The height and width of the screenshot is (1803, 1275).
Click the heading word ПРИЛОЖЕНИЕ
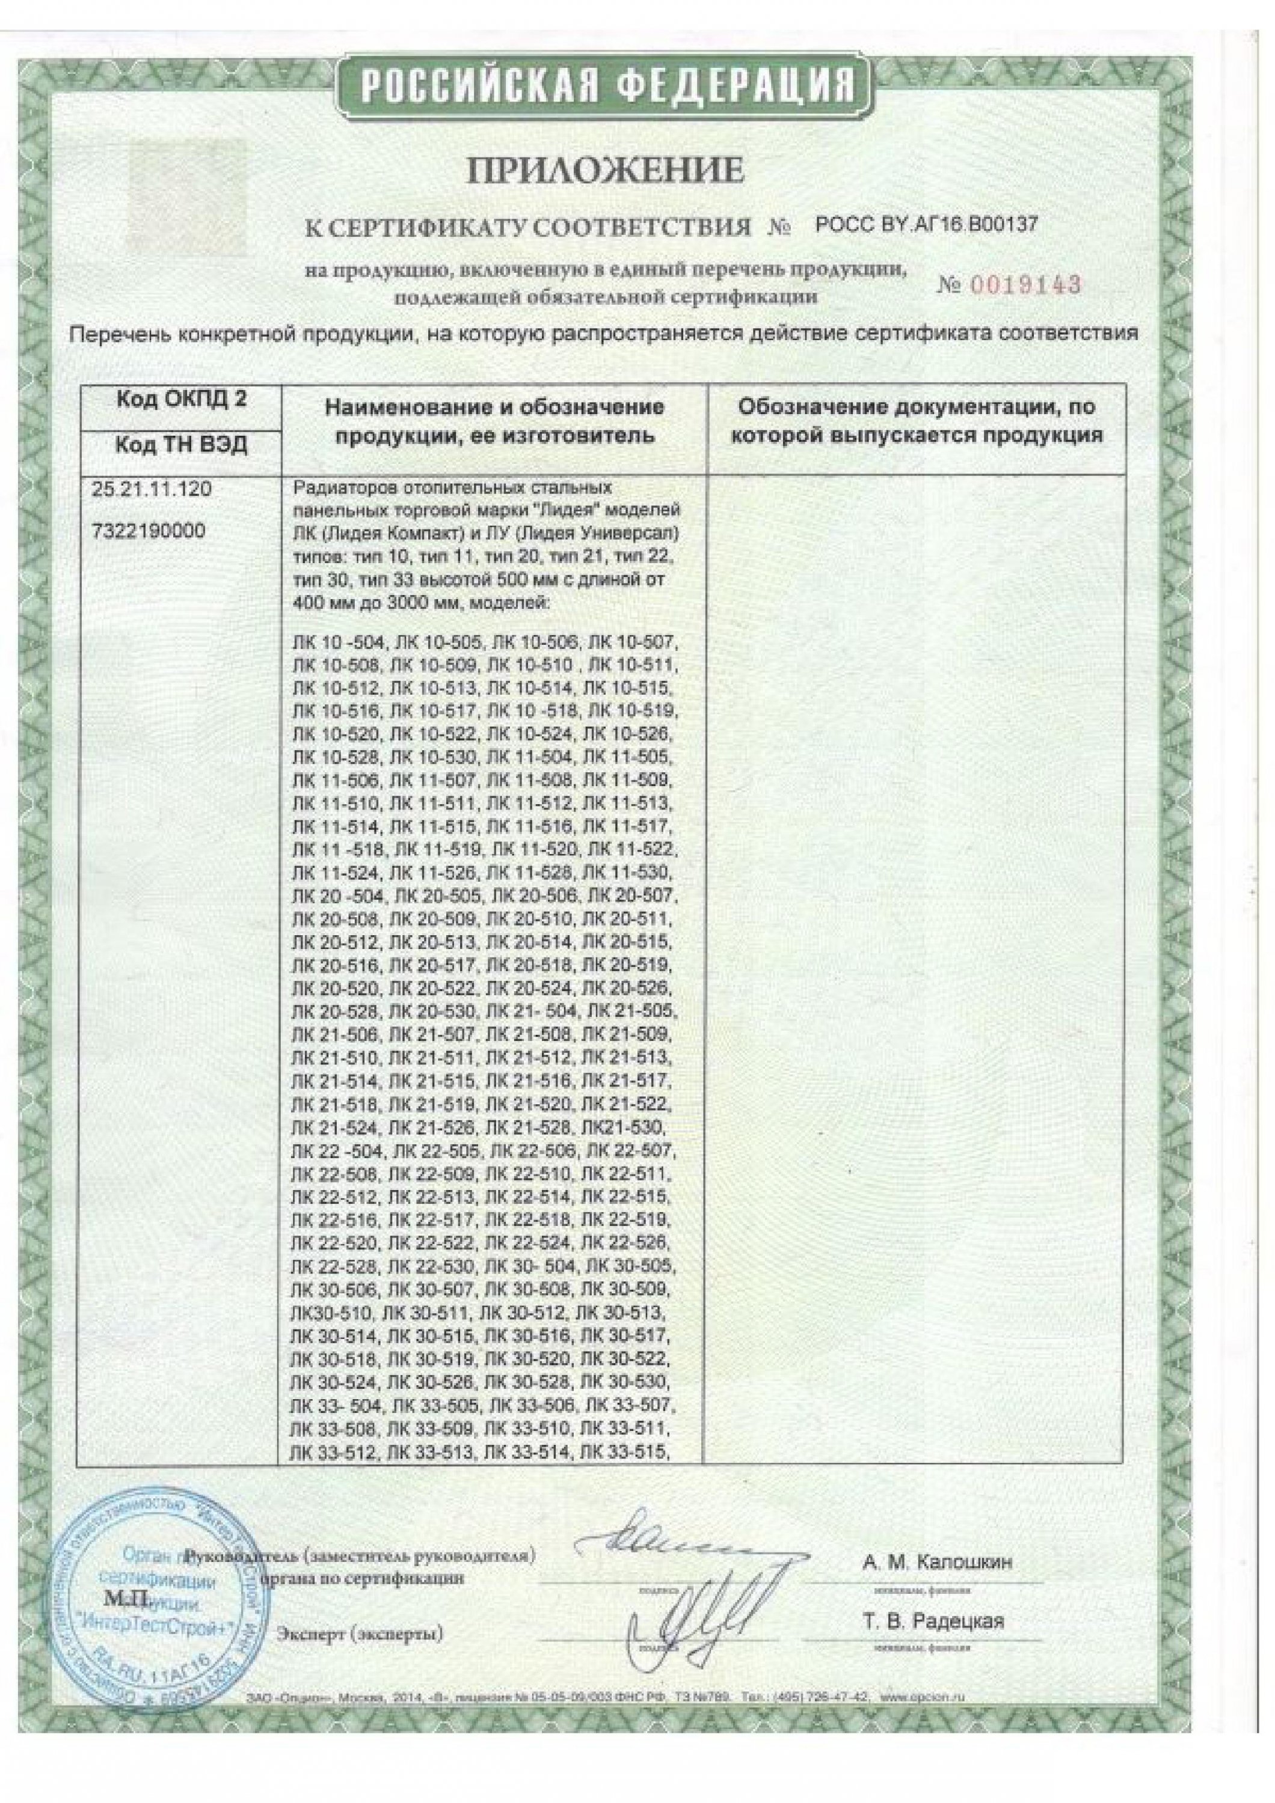click(x=605, y=171)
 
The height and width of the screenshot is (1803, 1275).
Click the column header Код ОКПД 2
click(x=182, y=399)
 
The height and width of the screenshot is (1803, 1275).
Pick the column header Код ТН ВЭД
click(x=182, y=445)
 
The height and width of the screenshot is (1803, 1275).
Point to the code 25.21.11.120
click(x=152, y=489)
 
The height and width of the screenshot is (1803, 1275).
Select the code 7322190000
click(x=149, y=531)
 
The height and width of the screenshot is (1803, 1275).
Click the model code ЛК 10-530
click(x=432, y=758)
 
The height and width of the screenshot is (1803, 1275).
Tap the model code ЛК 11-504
click(x=528, y=758)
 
